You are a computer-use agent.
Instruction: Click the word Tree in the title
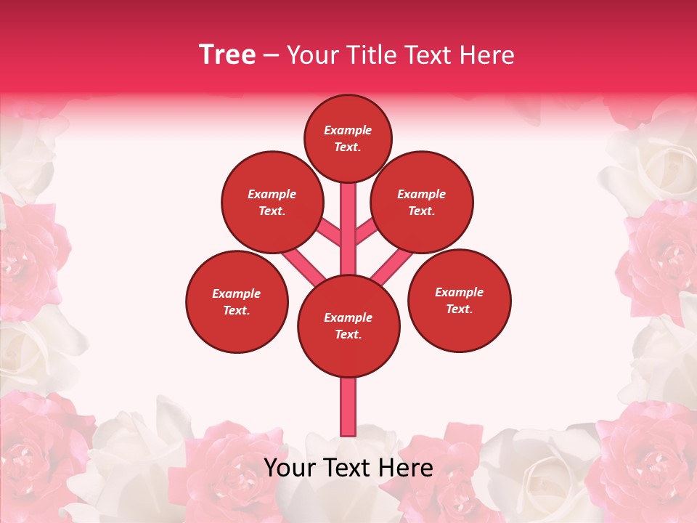[x=227, y=55]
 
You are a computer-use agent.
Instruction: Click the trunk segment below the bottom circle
[x=348, y=407]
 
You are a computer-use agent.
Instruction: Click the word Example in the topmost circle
[x=348, y=131]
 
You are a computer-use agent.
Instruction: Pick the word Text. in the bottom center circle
[x=348, y=335]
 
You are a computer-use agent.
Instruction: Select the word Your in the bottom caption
[x=289, y=469]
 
